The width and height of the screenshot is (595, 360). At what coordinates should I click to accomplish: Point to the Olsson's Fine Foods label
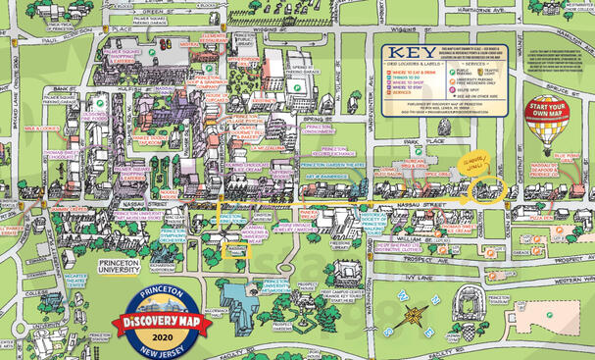click(x=95, y=117)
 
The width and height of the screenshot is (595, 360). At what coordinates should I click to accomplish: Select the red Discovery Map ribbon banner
click(x=158, y=320)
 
